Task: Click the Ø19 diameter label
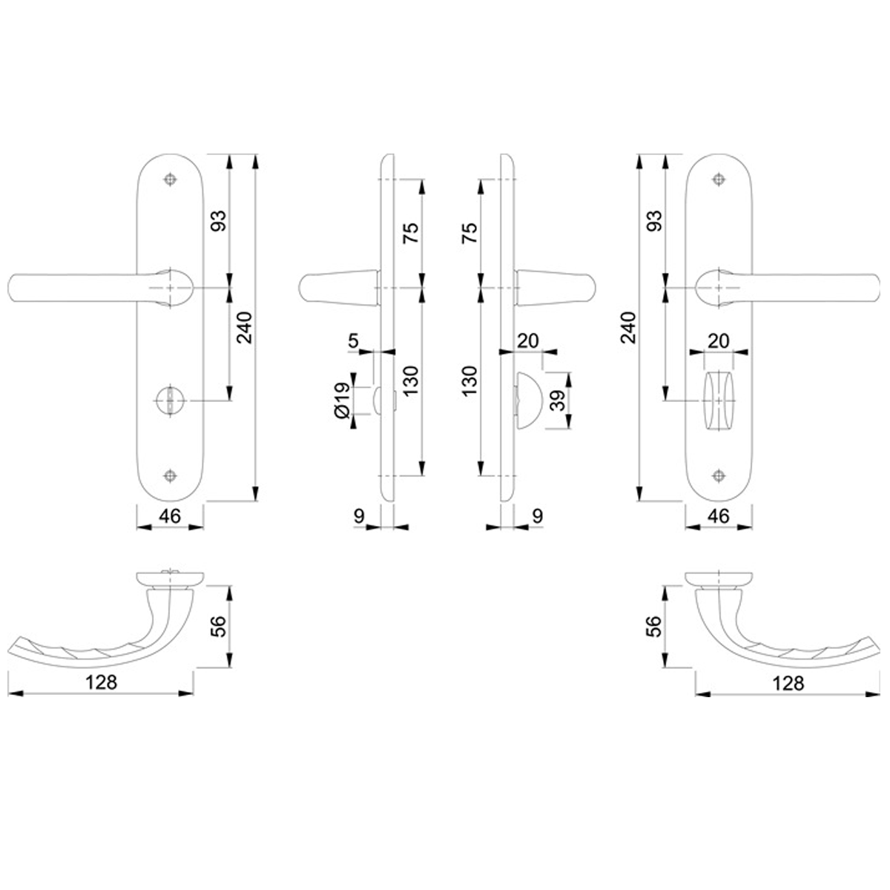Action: click(x=342, y=400)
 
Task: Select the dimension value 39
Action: click(x=558, y=400)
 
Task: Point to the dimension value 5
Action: click(x=353, y=340)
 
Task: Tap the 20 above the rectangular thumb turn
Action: click(x=718, y=341)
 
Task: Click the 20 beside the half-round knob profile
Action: click(x=527, y=341)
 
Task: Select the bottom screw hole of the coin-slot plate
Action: click(x=171, y=475)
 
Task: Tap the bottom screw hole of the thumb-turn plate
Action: click(x=718, y=475)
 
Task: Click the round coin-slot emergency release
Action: click(x=170, y=400)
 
